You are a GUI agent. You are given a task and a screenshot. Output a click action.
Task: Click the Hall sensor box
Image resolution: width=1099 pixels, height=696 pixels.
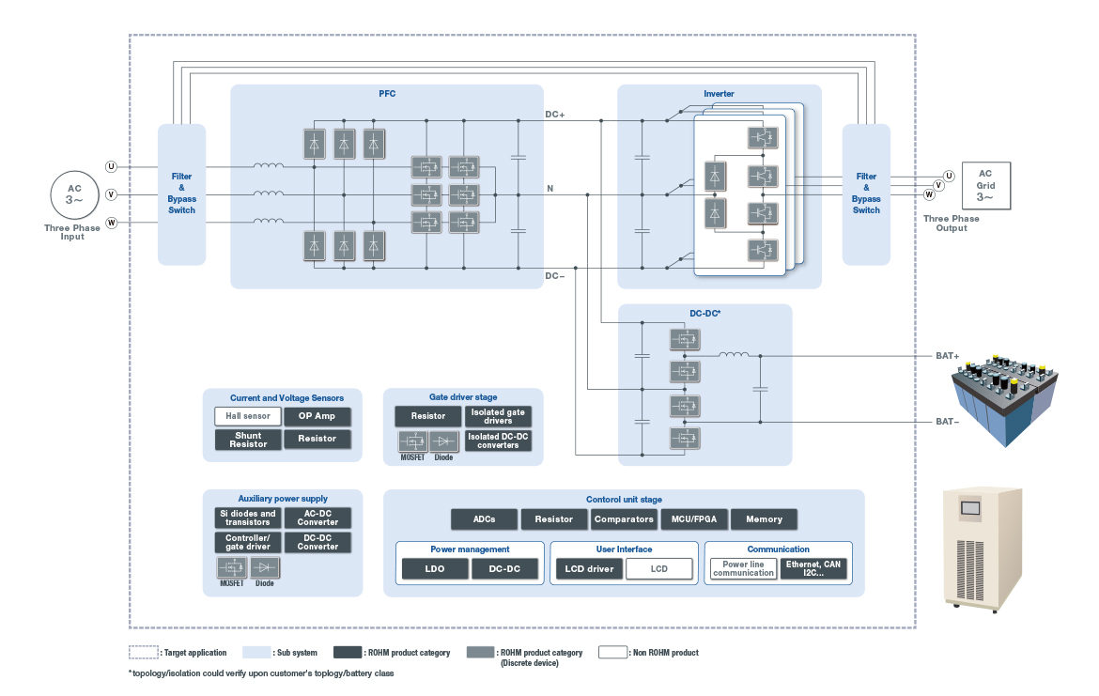[248, 416]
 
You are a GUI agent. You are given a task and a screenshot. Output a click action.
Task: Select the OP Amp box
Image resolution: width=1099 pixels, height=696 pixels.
[317, 416]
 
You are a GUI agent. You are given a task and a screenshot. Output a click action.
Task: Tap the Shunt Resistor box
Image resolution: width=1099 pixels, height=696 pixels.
[248, 440]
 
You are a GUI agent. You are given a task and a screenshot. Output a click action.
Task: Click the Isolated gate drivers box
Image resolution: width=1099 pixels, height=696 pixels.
[499, 416]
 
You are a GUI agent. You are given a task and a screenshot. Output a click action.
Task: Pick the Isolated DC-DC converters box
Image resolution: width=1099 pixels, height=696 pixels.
[499, 441]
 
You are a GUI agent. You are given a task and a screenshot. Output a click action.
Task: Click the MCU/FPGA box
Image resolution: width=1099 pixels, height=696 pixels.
[694, 519]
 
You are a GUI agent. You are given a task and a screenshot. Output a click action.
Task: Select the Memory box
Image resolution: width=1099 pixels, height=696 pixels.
[764, 519]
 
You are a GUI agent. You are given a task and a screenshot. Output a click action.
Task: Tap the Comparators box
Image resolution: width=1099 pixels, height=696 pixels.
[624, 519]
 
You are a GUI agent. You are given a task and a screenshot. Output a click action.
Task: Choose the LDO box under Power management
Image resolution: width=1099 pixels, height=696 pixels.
[435, 568]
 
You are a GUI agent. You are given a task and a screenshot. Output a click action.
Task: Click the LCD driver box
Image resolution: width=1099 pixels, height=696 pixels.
[590, 568]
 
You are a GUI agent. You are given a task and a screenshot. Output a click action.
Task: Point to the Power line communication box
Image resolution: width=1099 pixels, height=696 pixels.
[744, 568]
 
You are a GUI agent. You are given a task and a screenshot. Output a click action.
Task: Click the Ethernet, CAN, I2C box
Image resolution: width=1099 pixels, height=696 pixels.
[813, 568]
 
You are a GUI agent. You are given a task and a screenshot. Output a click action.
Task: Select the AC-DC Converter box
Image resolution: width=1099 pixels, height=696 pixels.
[317, 518]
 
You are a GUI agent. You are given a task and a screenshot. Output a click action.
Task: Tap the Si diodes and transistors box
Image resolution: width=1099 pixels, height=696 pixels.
[248, 518]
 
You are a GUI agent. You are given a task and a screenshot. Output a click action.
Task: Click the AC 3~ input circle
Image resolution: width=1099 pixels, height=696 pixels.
[74, 194]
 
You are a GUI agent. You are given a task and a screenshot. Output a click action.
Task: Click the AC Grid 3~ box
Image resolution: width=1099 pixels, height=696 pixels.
[985, 186]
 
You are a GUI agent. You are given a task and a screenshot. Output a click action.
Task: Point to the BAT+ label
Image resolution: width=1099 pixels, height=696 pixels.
[948, 356]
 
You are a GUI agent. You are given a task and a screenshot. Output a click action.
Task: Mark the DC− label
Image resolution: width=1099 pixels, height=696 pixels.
[554, 276]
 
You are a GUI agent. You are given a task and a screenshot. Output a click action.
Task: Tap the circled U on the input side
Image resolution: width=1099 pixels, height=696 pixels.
[111, 167]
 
